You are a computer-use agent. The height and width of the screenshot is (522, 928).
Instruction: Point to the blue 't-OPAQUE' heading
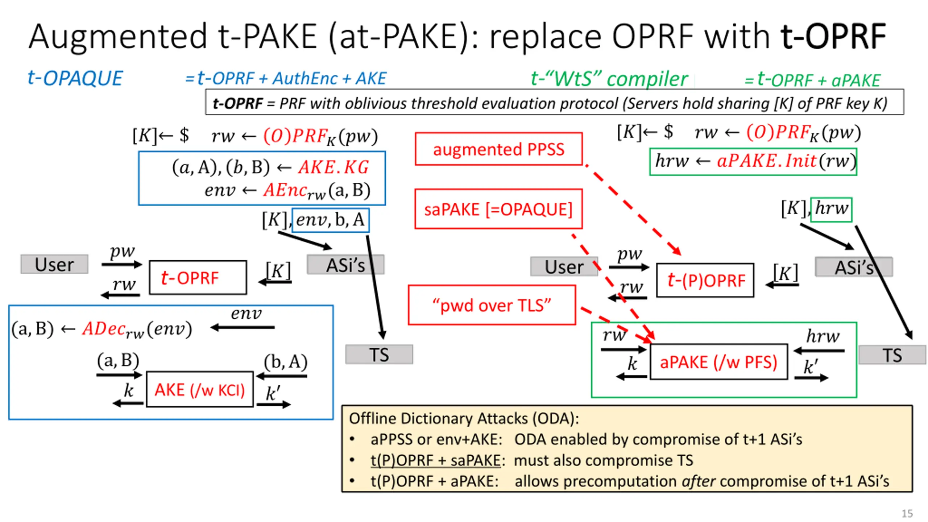(x=75, y=78)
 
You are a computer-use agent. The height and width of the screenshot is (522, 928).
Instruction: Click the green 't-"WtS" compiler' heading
(x=609, y=79)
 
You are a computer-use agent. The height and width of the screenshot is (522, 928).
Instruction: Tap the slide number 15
(x=907, y=513)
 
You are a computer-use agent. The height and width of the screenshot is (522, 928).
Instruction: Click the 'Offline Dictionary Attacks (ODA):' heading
(x=464, y=419)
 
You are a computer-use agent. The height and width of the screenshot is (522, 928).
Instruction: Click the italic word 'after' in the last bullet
(x=699, y=481)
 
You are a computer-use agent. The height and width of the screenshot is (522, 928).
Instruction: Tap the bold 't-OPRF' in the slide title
(x=833, y=37)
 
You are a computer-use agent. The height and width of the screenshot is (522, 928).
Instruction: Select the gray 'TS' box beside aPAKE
(x=892, y=355)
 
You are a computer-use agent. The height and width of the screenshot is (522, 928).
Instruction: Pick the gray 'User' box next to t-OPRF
(x=54, y=264)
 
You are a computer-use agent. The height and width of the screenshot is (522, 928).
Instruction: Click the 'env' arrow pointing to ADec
(x=243, y=327)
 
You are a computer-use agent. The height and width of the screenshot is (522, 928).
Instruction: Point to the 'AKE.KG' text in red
(x=333, y=167)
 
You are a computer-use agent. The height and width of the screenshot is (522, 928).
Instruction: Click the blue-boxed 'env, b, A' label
(x=330, y=220)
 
